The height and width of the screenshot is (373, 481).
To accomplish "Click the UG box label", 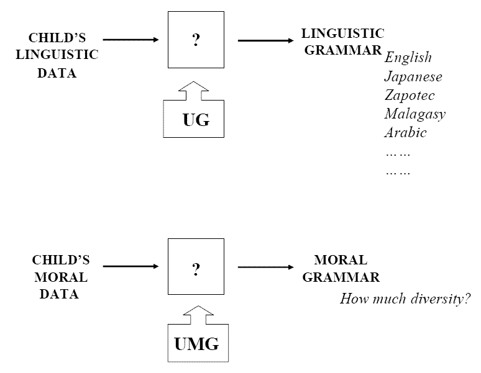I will [x=196, y=120].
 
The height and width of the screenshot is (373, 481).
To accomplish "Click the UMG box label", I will [x=196, y=344].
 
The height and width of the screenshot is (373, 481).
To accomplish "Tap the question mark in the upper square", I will [x=196, y=42].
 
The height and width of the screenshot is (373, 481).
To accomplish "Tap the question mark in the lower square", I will [x=196, y=269].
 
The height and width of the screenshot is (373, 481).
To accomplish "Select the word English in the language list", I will [x=408, y=58].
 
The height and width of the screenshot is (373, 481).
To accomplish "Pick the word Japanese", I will [x=413, y=77].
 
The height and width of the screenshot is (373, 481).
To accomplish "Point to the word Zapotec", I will [x=410, y=96].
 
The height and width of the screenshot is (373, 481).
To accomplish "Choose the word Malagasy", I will [x=415, y=114].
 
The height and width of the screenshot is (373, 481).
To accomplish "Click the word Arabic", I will [x=406, y=132].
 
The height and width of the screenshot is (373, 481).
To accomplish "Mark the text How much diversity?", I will [x=405, y=299].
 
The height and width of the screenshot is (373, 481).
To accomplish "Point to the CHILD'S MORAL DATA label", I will [x=60, y=277].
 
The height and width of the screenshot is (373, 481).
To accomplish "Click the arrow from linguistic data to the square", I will [x=131, y=40].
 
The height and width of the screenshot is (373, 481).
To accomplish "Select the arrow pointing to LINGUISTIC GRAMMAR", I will [x=265, y=41].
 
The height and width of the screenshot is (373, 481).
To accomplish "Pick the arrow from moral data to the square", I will [x=131, y=267].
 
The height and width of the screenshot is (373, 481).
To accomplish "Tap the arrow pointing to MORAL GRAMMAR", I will [x=265, y=267].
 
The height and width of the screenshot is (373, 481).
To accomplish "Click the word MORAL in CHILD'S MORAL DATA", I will [x=60, y=277].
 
